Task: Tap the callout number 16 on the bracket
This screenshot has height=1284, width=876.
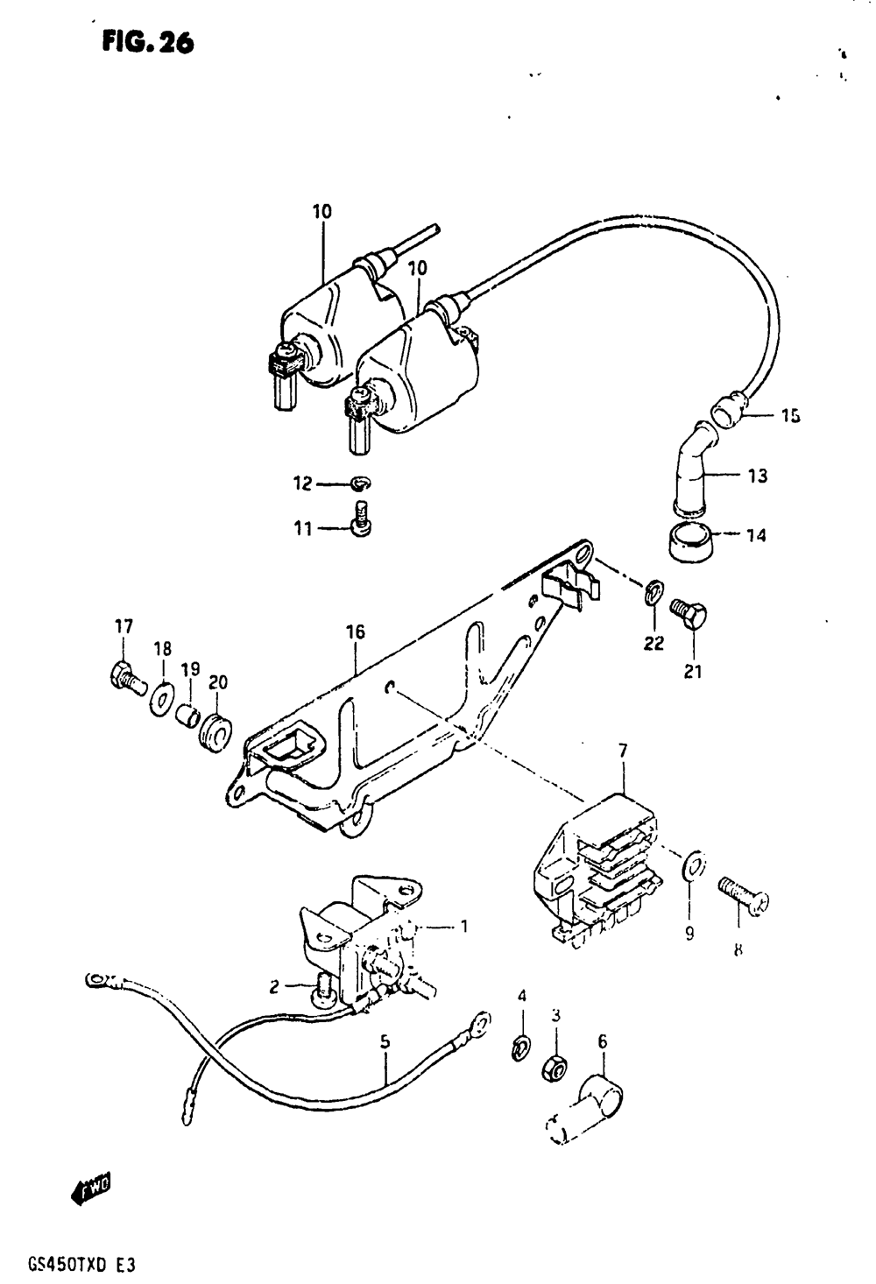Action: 356,632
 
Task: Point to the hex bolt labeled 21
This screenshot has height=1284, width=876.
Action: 688,613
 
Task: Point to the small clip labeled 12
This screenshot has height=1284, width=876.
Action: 361,483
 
